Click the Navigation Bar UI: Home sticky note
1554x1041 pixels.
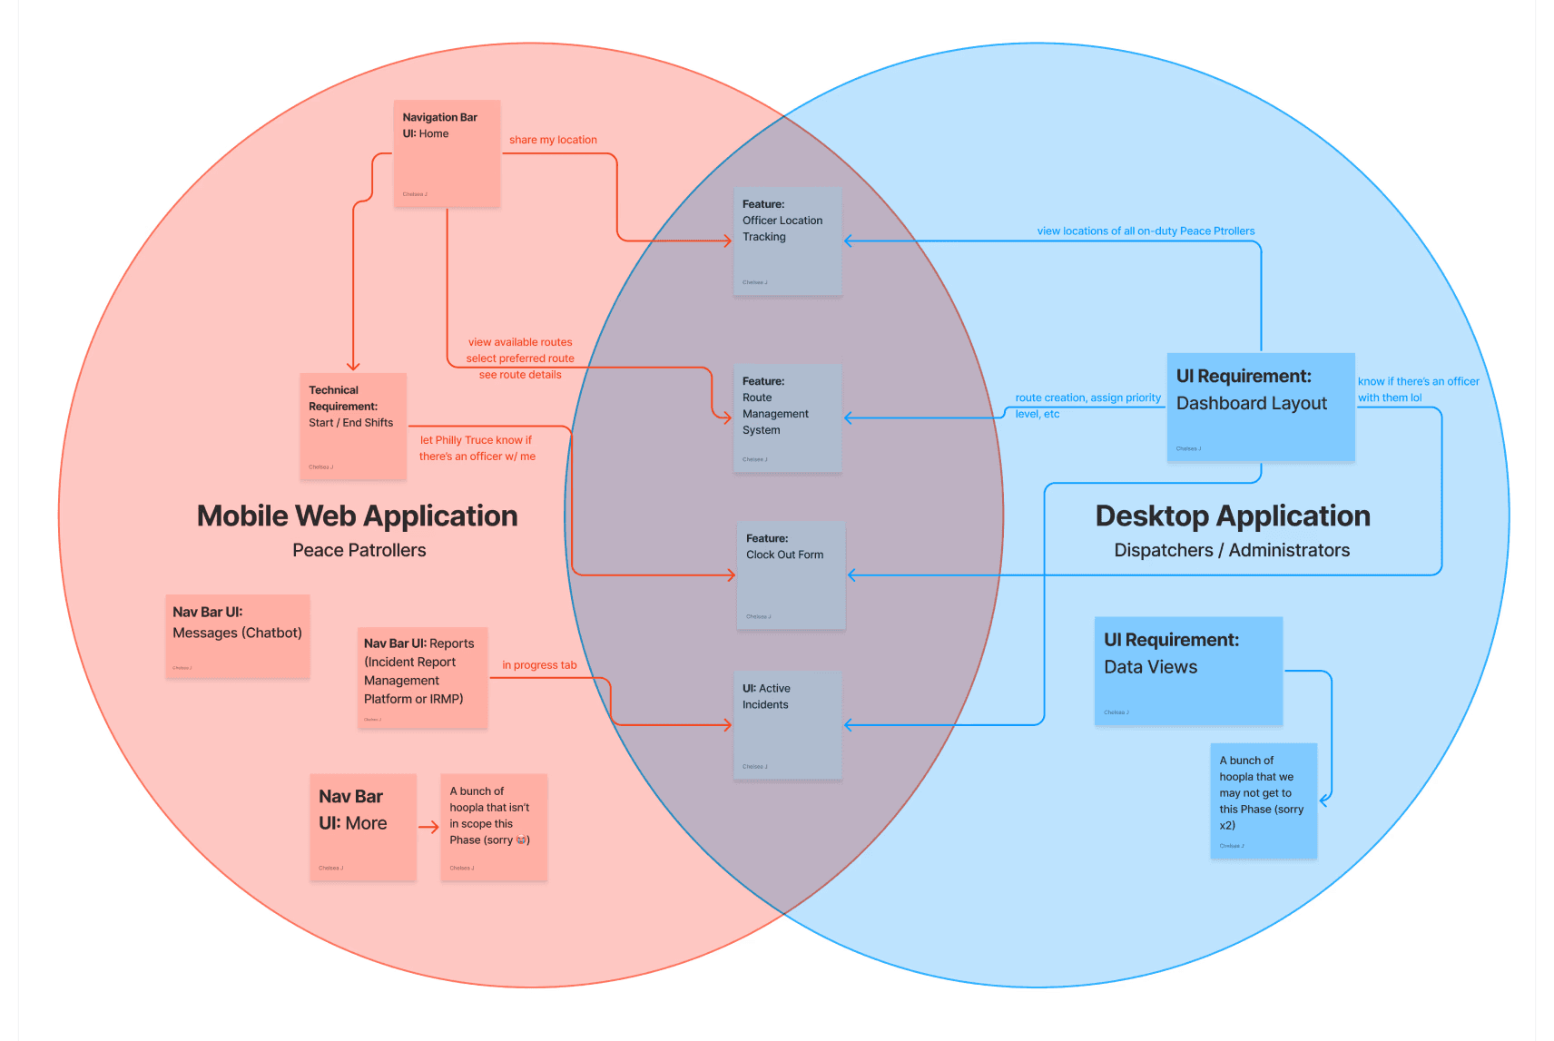pos(447,153)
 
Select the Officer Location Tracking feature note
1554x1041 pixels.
pos(788,241)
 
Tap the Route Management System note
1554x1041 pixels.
pos(788,418)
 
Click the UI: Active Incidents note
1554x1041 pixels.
pos(788,725)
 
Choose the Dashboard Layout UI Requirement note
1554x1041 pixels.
pos(1261,407)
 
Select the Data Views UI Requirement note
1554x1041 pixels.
pos(1188,671)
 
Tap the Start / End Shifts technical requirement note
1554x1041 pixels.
pos(353,426)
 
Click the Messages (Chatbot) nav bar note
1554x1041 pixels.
pos(238,636)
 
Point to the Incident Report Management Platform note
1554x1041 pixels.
pos(423,677)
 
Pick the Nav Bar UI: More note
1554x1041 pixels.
pos(363,826)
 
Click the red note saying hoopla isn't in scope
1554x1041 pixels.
pos(494,826)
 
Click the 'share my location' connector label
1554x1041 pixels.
pos(553,140)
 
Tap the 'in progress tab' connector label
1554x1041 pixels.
pos(539,665)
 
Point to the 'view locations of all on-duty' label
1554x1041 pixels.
pos(1146,231)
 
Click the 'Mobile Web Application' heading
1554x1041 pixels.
pos(358,516)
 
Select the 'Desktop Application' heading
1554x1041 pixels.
pos(1233,516)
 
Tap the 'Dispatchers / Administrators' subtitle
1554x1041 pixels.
pos(1232,550)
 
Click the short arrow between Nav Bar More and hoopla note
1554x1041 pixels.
pos(428,827)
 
